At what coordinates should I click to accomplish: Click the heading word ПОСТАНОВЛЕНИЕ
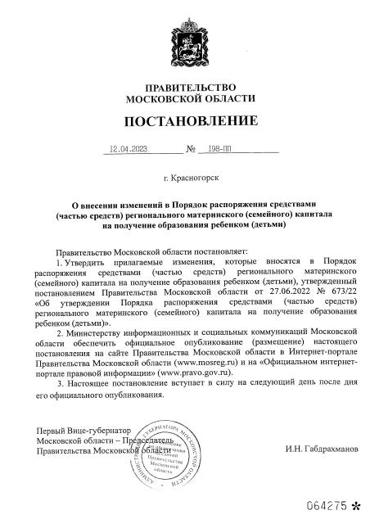(x=184, y=122)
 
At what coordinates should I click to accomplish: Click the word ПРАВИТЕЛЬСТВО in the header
(x=184, y=87)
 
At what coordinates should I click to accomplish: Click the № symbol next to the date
(x=192, y=151)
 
